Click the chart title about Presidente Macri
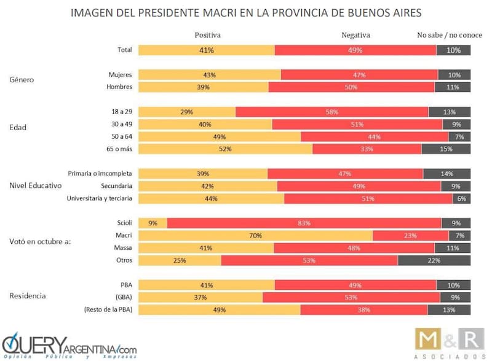point(246,12)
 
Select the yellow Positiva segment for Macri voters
point(255,235)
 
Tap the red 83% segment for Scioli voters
point(304,223)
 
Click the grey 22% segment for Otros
point(434,260)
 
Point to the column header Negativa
point(356,35)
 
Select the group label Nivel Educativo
point(36,185)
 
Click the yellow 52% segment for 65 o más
point(225,149)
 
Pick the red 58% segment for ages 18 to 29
point(332,112)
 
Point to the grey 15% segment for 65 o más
point(446,149)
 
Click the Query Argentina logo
point(69,346)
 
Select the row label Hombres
point(119,87)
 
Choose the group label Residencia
point(27,296)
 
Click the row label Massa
point(122,247)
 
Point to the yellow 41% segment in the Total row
point(206,50)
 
